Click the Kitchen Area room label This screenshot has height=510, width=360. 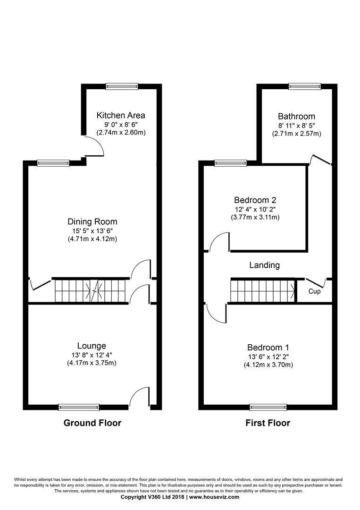point(121,115)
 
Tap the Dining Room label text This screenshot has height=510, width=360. point(92,222)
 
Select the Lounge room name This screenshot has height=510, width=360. point(92,346)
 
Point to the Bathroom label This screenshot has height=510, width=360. point(296,116)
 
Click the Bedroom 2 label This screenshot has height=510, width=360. point(255,200)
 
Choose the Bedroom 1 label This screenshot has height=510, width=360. point(268,348)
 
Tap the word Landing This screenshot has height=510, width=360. point(265,265)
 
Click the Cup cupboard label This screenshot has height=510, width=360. point(314,291)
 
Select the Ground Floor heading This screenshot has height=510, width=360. point(92,423)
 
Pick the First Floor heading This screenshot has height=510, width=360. point(268,423)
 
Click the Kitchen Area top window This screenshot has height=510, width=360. point(122,86)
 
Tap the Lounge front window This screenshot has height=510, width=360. point(79,407)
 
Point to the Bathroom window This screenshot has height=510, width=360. point(305,86)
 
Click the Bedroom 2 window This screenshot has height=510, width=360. point(231,163)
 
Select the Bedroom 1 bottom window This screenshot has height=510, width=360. point(268,407)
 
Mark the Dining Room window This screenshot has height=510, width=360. point(53,163)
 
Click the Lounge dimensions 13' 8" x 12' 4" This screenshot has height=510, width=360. point(89,355)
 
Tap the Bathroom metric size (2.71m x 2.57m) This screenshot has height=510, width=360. point(296,133)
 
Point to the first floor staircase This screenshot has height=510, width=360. point(263,291)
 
